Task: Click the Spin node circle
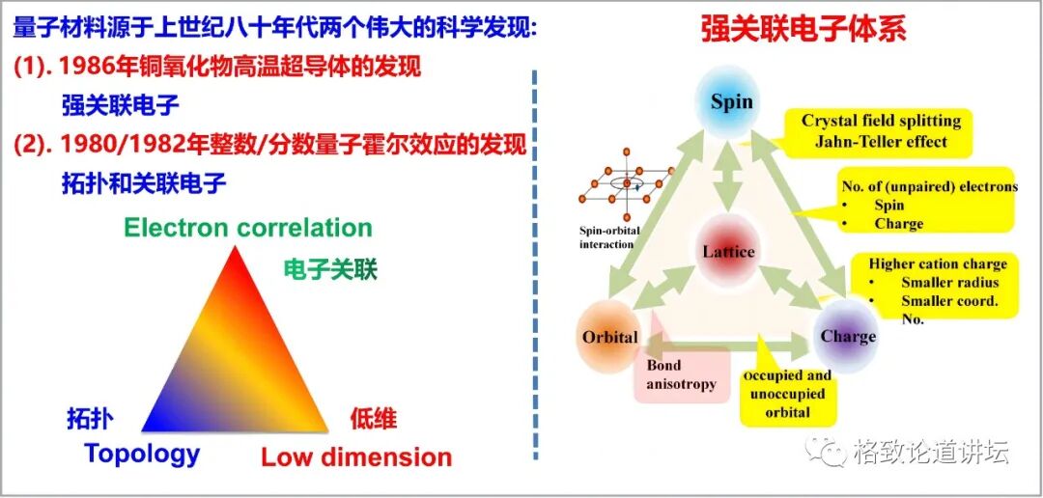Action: coord(731,102)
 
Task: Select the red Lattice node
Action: coord(728,252)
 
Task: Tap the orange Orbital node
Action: coord(610,337)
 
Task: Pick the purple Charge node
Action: coord(847,336)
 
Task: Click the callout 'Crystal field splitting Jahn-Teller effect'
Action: coord(881,131)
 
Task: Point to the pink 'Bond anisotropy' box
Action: coord(682,374)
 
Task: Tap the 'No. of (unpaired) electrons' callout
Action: coord(928,204)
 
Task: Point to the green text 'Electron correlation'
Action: coord(248,228)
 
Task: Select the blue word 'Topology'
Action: coord(142,453)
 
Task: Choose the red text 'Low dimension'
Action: coord(356,456)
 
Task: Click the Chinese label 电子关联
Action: coord(330,269)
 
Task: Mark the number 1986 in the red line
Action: coord(84,68)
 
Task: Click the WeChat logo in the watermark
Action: coord(830,450)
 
